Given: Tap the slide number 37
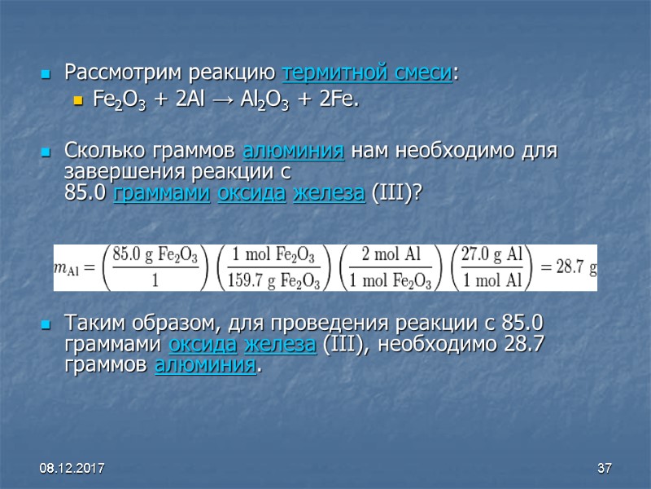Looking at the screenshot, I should tap(604, 469).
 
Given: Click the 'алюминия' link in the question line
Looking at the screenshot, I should tap(293, 152).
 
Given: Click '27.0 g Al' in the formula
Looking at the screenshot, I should tap(492, 254).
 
